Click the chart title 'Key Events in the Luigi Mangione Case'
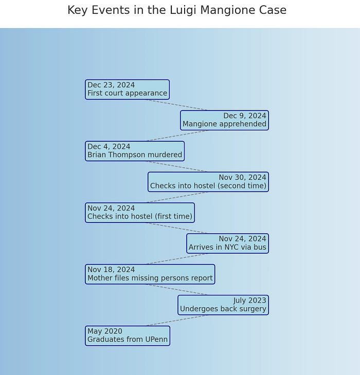(x=176, y=10)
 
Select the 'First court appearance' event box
(x=127, y=89)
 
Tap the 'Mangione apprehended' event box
(x=224, y=120)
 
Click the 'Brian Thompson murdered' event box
(x=135, y=151)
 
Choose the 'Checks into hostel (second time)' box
(x=208, y=182)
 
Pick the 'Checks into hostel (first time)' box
(x=140, y=213)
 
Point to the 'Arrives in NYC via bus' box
(x=227, y=243)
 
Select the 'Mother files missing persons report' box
(x=150, y=274)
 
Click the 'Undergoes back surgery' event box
(x=223, y=305)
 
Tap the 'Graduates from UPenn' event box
(x=128, y=336)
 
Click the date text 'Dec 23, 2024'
(x=111, y=85)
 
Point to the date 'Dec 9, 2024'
(x=245, y=116)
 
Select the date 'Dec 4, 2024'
(x=109, y=147)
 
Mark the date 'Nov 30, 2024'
(x=242, y=178)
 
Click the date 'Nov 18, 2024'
(x=111, y=270)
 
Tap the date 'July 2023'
(x=250, y=301)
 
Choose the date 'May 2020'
(x=105, y=331)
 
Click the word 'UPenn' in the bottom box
(x=155, y=340)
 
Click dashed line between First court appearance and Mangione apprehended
(x=177, y=105)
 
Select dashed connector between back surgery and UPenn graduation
(x=177, y=321)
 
